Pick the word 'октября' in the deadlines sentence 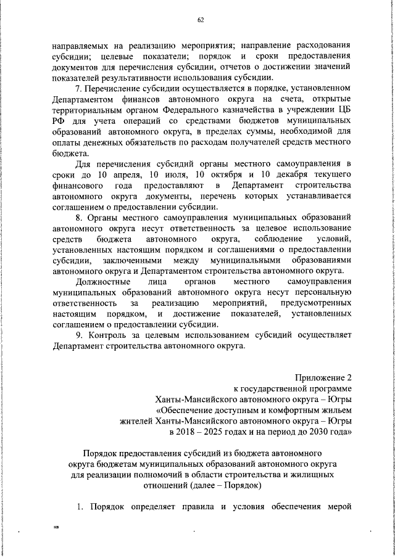[222, 175]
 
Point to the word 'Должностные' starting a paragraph [99, 281]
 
